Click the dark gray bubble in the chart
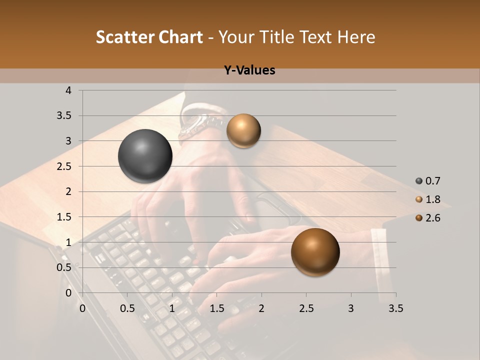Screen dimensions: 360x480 click(x=145, y=156)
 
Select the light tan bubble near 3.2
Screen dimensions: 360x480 click(x=243, y=130)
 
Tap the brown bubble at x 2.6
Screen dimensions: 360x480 click(x=315, y=252)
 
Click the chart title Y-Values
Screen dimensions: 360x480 click(x=249, y=70)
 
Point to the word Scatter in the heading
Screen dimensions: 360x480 click(x=125, y=37)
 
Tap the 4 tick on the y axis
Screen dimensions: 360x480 click(x=68, y=90)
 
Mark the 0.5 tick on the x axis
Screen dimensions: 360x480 click(x=127, y=308)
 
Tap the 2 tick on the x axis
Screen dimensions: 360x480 click(x=261, y=308)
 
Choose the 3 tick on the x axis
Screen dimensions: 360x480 click(x=351, y=308)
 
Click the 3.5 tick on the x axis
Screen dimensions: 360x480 click(x=395, y=308)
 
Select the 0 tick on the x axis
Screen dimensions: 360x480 click(x=82, y=308)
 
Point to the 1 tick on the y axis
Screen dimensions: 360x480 click(x=68, y=242)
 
